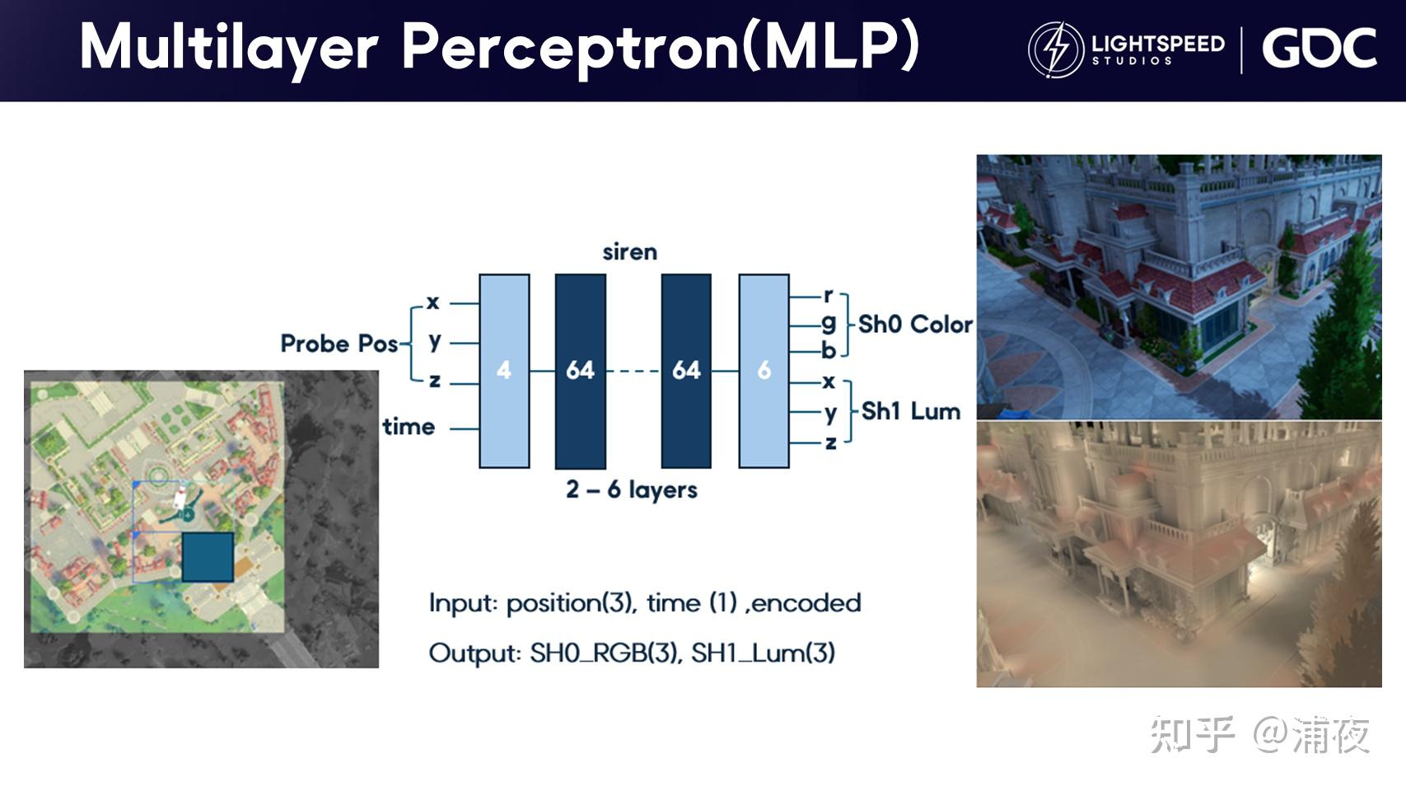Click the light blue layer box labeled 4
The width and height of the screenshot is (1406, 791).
(x=504, y=371)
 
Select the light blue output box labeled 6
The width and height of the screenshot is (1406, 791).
(x=764, y=371)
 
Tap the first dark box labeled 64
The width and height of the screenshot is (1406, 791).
(x=580, y=371)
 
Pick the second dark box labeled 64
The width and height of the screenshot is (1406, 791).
(x=686, y=371)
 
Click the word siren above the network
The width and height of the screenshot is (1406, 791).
(x=629, y=252)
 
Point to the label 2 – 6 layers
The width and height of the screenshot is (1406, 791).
(x=631, y=489)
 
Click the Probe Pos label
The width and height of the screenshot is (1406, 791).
(x=339, y=344)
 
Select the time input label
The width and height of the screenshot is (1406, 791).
(x=409, y=427)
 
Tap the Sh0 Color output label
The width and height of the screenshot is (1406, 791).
(x=914, y=325)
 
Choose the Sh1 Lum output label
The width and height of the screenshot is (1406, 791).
(x=910, y=411)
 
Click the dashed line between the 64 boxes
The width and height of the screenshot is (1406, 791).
(x=633, y=372)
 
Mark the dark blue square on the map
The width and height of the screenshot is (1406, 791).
(x=208, y=557)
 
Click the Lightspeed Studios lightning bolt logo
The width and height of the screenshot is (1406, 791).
(x=1055, y=49)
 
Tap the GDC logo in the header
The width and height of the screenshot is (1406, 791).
(x=1319, y=49)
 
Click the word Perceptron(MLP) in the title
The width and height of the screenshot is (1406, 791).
(x=660, y=47)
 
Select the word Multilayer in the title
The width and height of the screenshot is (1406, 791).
(x=229, y=47)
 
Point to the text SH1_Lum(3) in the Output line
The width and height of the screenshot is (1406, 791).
(x=763, y=653)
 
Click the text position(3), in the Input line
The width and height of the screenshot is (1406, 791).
(x=571, y=603)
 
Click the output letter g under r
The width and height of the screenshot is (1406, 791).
(x=828, y=323)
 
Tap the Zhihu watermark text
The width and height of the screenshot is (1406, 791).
(x=1259, y=734)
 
